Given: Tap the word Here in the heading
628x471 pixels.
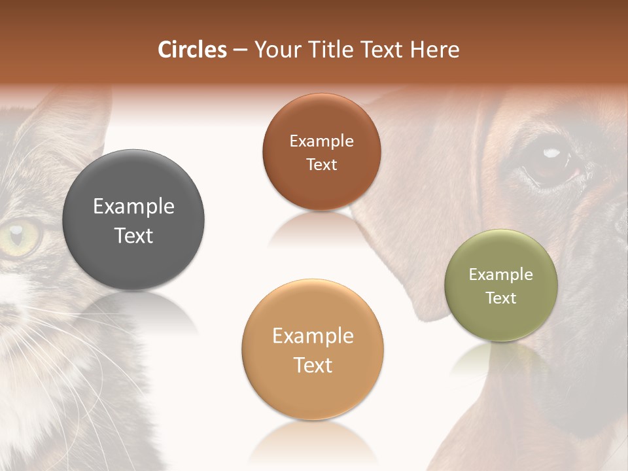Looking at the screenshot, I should [434, 50].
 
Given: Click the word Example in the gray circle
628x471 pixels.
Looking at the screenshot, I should [133, 207].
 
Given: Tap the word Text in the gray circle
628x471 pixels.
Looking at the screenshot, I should [133, 236].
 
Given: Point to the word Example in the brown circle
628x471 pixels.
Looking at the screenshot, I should [321, 141].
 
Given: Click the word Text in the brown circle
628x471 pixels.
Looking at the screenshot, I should [321, 165].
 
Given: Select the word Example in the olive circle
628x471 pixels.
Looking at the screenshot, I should [501, 275].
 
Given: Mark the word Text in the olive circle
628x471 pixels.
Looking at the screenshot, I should [501, 298].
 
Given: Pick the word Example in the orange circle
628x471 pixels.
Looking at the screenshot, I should [313, 336].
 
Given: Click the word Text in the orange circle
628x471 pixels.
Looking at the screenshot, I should [313, 366].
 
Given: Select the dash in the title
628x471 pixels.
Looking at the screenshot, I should [240, 50].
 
